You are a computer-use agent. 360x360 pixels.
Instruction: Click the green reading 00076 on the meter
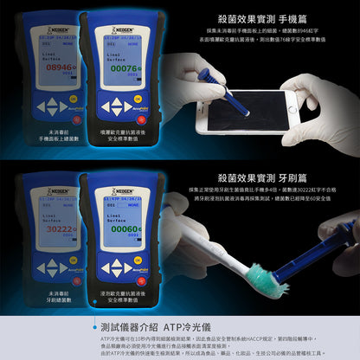(x=123, y=67)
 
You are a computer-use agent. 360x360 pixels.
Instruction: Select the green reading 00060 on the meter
(x=123, y=230)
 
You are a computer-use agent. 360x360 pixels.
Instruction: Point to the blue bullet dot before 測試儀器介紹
(x=93, y=328)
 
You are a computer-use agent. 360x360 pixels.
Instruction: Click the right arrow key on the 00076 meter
(x=138, y=104)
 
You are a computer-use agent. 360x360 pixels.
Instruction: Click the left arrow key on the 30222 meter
(x=41, y=268)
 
